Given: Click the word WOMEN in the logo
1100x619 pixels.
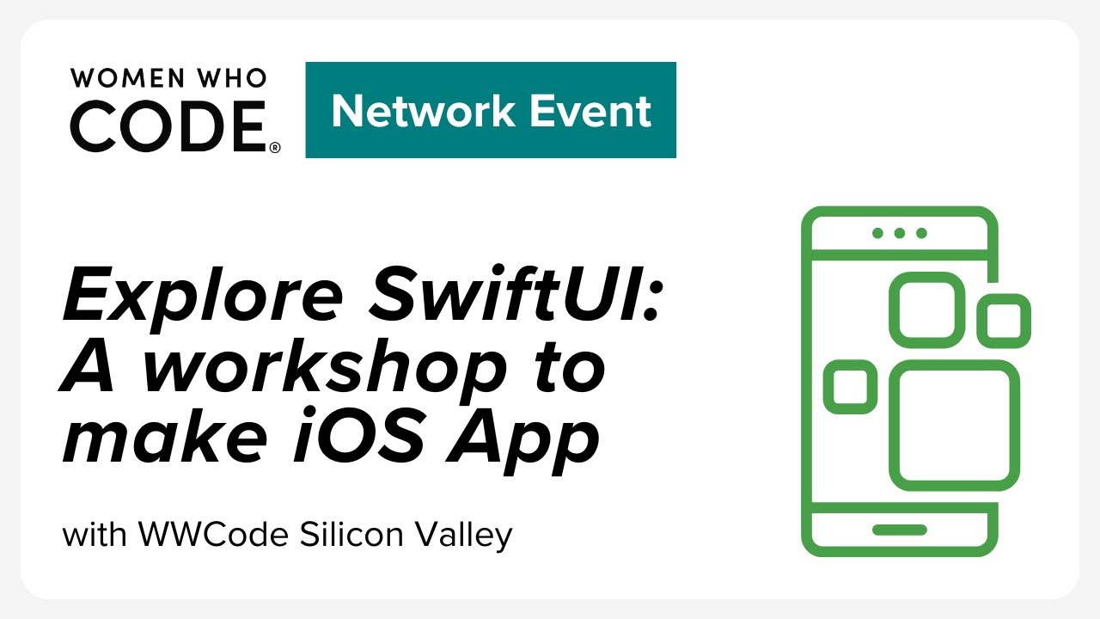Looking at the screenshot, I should [115, 78].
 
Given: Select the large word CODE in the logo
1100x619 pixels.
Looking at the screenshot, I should [168, 125].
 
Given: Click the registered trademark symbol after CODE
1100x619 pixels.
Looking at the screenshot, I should [275, 147].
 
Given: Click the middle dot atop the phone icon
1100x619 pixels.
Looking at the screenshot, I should [900, 233].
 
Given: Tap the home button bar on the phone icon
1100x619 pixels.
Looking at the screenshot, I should [900, 530].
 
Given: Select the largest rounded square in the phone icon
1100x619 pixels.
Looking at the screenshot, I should [954, 425].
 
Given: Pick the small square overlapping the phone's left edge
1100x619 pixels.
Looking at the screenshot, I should [851, 387].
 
